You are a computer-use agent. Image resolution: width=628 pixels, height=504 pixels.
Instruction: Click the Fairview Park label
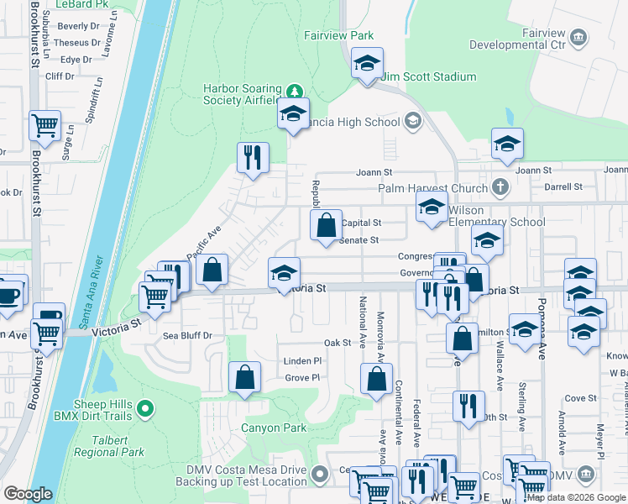(x=338, y=36)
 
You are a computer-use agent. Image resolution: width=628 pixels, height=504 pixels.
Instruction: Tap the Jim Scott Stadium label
(x=428, y=77)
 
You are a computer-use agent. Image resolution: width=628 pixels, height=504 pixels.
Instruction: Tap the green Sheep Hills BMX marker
(x=145, y=409)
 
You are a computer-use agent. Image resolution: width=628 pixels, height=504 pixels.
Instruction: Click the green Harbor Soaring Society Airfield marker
(x=293, y=91)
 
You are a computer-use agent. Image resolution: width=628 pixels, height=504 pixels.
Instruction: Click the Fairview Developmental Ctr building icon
(x=578, y=37)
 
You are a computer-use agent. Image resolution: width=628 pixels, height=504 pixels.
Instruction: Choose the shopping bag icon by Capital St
(x=327, y=224)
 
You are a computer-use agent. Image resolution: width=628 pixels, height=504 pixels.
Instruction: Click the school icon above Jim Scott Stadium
(x=367, y=63)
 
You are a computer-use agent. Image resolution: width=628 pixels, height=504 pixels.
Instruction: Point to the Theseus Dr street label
(x=77, y=43)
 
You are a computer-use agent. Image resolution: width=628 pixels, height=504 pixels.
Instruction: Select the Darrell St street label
(x=563, y=186)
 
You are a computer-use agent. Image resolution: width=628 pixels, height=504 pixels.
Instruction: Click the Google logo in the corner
(x=28, y=494)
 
